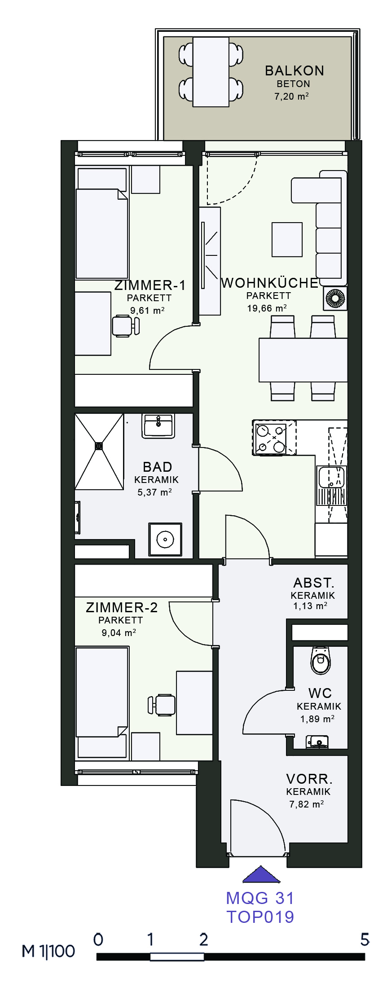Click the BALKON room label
tap(294, 71)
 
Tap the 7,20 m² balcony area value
tap(291, 96)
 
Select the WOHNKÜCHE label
tap(270, 283)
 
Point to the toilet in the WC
tap(321, 660)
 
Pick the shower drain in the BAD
tap(99, 446)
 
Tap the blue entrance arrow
tap(261, 874)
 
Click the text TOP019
tap(260, 917)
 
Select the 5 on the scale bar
tap(365, 939)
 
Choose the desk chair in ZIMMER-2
tap(161, 705)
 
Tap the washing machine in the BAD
tap(165, 540)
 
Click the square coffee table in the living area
tap(287, 240)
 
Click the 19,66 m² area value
tap(267, 308)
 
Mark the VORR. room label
tap(309, 778)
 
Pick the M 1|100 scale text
tap(48, 951)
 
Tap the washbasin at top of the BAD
tap(158, 426)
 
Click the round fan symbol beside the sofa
tap(335, 298)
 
